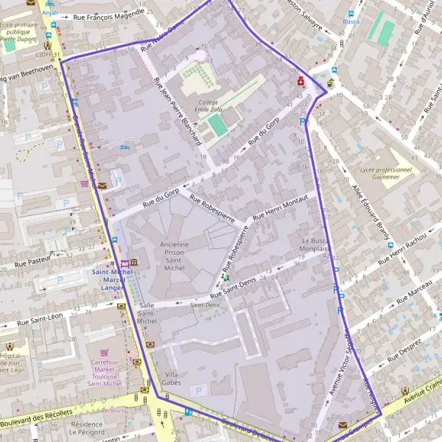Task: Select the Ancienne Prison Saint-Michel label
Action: point(174,257)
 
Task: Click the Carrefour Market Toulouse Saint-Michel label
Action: point(105,373)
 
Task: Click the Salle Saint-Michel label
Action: point(147,313)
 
